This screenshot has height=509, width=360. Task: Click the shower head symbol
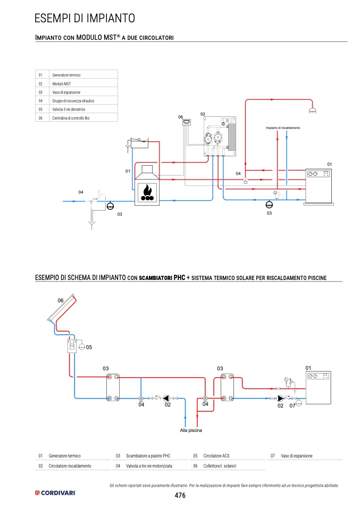click(313, 111)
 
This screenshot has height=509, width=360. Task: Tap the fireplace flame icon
click(147, 192)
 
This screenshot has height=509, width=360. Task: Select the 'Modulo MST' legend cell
click(61, 84)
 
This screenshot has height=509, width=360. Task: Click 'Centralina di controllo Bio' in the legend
click(71, 118)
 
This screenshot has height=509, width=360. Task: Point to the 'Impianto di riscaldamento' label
click(283, 128)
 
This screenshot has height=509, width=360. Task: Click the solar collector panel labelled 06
click(61, 308)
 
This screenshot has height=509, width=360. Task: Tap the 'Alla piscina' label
click(191, 430)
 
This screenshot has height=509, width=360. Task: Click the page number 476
click(180, 495)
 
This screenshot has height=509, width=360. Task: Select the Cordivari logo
click(55, 493)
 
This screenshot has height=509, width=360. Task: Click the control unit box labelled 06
click(187, 122)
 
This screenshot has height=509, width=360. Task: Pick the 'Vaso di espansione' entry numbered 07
click(297, 456)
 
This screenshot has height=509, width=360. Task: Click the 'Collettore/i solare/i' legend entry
click(220, 466)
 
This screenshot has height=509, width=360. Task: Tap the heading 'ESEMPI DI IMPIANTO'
click(85, 18)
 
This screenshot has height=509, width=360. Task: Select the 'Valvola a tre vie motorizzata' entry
click(149, 466)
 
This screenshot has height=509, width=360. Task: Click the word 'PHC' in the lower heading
click(179, 277)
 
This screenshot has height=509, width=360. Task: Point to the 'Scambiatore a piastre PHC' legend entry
click(148, 456)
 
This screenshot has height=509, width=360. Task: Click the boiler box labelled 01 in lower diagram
click(319, 387)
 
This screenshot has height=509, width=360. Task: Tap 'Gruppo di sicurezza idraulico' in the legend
click(73, 101)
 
